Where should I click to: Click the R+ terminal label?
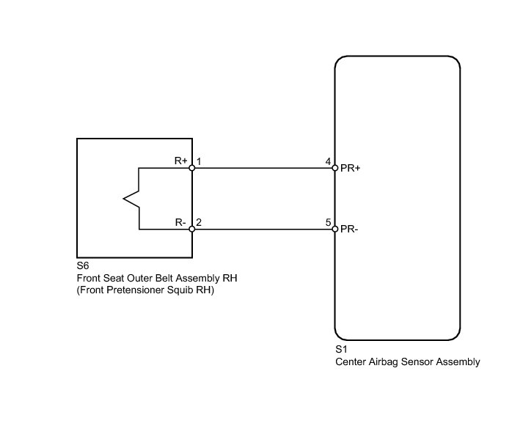(180, 160)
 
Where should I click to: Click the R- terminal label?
(180, 221)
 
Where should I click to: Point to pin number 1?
(199, 160)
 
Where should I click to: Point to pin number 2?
(199, 221)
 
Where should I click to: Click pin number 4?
(328, 160)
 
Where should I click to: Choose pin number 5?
(328, 221)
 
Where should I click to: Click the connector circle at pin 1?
(192, 168)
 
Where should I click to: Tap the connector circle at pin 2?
(192, 229)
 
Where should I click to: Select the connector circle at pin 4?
(334, 168)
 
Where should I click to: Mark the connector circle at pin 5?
(334, 229)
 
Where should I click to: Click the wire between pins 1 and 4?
(263, 168)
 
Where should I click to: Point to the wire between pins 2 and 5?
(263, 229)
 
